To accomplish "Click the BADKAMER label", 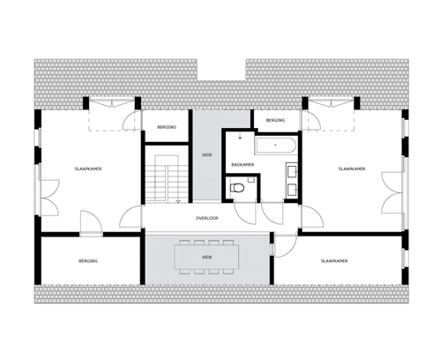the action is pyautogui.click(x=243, y=165).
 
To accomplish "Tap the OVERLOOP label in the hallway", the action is pyautogui.click(x=207, y=218).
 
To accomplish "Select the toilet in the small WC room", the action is pyautogui.click(x=237, y=188).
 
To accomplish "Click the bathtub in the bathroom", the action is pyautogui.click(x=276, y=146).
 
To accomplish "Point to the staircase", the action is pyautogui.click(x=167, y=179).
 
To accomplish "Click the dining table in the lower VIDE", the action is pyautogui.click(x=206, y=258).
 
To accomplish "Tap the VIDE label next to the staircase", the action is pyautogui.click(x=207, y=155).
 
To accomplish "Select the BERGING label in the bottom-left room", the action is pyautogui.click(x=88, y=261).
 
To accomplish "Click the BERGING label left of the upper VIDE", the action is pyautogui.click(x=167, y=127).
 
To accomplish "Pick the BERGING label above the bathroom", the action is pyautogui.click(x=275, y=120).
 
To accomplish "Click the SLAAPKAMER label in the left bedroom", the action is pyautogui.click(x=88, y=169).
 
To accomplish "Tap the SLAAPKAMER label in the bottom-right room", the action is pyautogui.click(x=334, y=261).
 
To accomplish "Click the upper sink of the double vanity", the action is pyautogui.click(x=293, y=171).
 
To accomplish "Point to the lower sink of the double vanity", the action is pyautogui.click(x=293, y=189).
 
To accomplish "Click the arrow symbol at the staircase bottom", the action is pyautogui.click(x=178, y=201).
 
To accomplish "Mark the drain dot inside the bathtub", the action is pyautogui.click(x=275, y=145).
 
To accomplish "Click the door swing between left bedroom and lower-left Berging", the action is pyautogui.click(x=92, y=222).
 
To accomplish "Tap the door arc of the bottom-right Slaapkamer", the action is pyautogui.click(x=286, y=247).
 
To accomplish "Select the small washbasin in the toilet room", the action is pyautogui.click(x=251, y=180).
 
